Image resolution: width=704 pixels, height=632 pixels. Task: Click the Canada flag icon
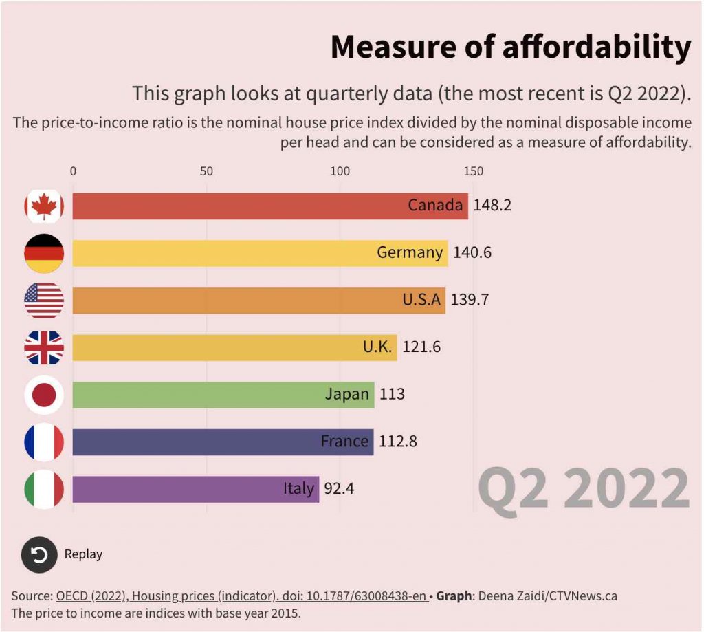click(x=44, y=206)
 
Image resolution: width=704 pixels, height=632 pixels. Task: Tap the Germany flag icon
click(x=44, y=253)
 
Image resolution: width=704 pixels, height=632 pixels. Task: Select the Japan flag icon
click(x=44, y=395)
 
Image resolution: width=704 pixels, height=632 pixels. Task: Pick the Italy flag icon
click(x=44, y=489)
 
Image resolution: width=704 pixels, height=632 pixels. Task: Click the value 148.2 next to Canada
click(x=492, y=206)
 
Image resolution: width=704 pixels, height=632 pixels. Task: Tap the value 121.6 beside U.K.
click(x=421, y=347)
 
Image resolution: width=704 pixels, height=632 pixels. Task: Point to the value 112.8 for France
click(x=398, y=442)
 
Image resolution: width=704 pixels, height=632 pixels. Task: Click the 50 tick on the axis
click(x=206, y=171)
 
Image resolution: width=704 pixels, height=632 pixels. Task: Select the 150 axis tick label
click(x=473, y=171)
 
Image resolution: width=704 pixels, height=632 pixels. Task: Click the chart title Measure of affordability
click(x=510, y=47)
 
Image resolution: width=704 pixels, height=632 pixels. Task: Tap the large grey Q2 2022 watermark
click(x=583, y=488)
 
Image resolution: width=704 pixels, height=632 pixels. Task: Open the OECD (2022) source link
click(x=241, y=596)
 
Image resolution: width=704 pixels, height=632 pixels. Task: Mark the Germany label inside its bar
click(x=410, y=253)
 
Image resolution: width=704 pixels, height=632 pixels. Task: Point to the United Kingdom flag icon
click(x=44, y=347)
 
